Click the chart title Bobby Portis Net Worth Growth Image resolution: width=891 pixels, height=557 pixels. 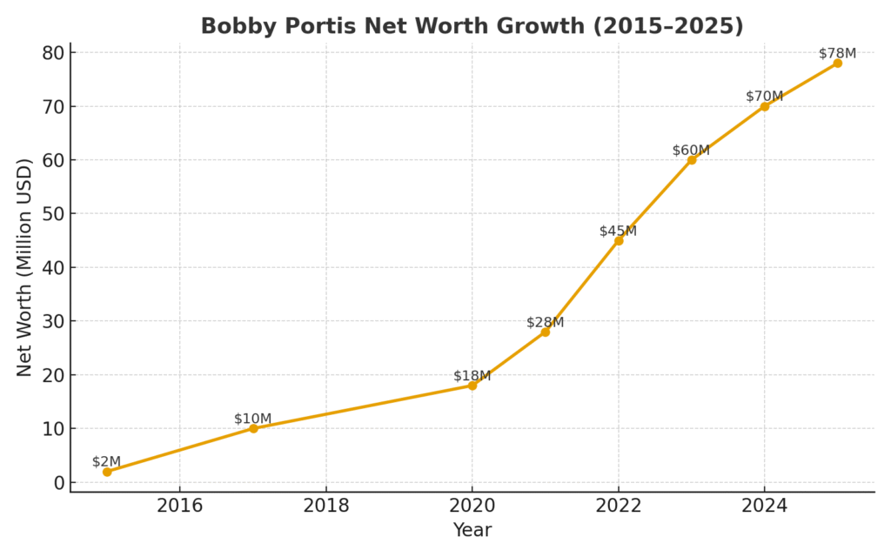(x=472, y=26)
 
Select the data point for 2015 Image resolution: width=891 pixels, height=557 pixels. (x=107, y=472)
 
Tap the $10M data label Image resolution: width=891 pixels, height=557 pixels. (x=252, y=419)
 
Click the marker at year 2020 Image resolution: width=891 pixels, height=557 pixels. (x=472, y=386)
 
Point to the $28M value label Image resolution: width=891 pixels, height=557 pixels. (x=545, y=322)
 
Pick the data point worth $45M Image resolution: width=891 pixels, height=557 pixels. (x=619, y=240)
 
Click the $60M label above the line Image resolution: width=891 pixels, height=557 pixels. (x=691, y=151)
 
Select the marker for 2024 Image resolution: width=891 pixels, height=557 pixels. (x=765, y=106)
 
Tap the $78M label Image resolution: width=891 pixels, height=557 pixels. (x=837, y=53)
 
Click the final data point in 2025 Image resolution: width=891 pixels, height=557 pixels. (x=837, y=63)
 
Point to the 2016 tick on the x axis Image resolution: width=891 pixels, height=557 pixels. (x=180, y=506)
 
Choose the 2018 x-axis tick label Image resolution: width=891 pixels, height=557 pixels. (x=326, y=506)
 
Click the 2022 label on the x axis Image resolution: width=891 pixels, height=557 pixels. (x=619, y=506)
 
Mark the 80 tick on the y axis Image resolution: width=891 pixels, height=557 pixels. (x=54, y=52)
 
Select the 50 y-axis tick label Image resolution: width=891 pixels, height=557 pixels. (x=54, y=214)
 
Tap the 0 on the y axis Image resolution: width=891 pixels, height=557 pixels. (x=59, y=483)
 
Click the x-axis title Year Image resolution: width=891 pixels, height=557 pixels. (x=472, y=530)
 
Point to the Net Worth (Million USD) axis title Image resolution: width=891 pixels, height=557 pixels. (x=24, y=267)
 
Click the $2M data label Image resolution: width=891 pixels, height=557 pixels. (x=106, y=461)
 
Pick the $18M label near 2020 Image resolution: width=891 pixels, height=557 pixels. (x=472, y=376)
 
